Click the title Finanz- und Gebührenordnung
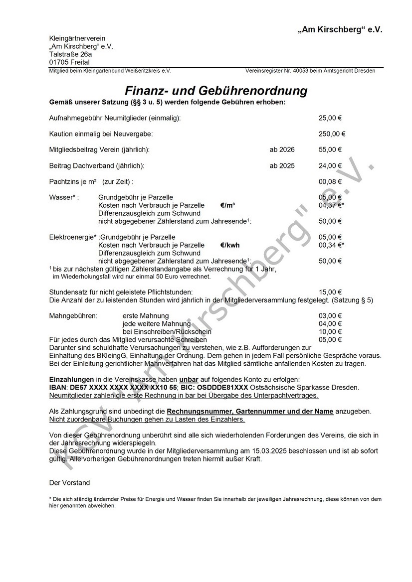pyautogui.click(x=215, y=91)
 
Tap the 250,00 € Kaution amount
pyautogui.click(x=332, y=134)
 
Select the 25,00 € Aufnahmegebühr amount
pyautogui.click(x=330, y=118)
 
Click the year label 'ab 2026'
pyautogui.click(x=282, y=149)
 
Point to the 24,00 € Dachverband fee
pyautogui.click(x=330, y=165)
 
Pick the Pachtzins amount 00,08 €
pyautogui.click(x=330, y=181)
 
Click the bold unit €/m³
pyautogui.click(x=227, y=205)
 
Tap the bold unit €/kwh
pyautogui.click(x=230, y=245)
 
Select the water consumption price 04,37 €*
pyautogui.click(x=331, y=205)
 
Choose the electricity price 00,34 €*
pyautogui.click(x=331, y=245)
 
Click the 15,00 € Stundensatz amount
pyautogui.click(x=330, y=292)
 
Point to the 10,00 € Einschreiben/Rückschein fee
pyautogui.click(x=330, y=332)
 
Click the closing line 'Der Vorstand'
pyautogui.click(x=69, y=483)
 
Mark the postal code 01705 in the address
pyautogui.click(x=59, y=62)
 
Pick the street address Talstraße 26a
pyautogui.click(x=70, y=54)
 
